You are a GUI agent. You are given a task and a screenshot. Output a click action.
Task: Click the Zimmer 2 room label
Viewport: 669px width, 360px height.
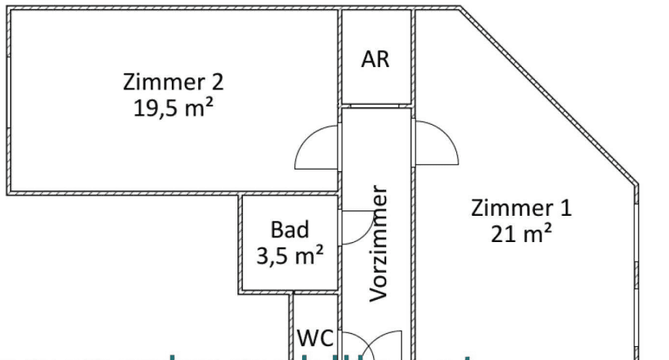(x=173, y=81)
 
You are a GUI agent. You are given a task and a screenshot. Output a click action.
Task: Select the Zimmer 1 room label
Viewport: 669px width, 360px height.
(x=521, y=208)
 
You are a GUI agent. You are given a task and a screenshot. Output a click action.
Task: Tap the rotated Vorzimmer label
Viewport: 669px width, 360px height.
(x=378, y=243)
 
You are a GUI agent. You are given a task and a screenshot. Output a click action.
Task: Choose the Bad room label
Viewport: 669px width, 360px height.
(x=290, y=230)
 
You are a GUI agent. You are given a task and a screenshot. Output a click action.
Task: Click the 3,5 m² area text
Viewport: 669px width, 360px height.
(x=290, y=255)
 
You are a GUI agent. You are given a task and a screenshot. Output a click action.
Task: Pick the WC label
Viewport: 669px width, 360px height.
(x=314, y=338)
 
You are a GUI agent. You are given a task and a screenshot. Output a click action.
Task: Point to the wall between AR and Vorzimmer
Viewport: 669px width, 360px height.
(x=377, y=105)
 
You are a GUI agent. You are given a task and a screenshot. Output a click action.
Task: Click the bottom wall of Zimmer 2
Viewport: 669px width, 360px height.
(x=123, y=192)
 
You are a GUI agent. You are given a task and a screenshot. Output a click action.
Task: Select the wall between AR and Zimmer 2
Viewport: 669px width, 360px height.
(x=339, y=58)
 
